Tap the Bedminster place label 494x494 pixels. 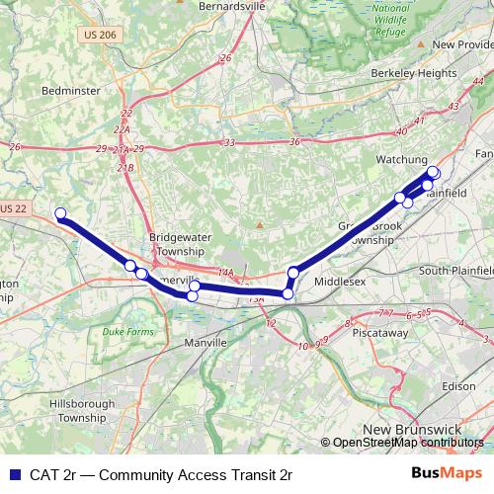71,90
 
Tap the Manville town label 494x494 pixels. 206,342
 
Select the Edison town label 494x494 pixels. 459,386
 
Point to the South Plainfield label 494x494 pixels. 455,271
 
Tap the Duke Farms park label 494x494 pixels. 130,334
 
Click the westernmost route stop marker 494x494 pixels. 60,213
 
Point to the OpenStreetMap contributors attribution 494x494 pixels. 406,442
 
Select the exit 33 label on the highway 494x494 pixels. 229,143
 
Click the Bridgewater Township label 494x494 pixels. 175,245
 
